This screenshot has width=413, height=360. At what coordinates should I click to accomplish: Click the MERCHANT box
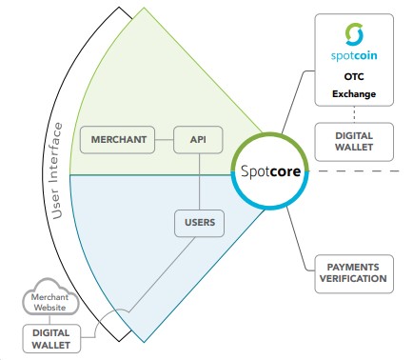117,140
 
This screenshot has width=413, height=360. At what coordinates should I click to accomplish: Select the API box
198,140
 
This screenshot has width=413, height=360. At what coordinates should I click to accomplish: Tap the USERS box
200,223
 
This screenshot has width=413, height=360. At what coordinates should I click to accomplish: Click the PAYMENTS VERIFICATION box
354,273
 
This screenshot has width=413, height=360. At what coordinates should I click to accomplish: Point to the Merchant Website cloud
50,297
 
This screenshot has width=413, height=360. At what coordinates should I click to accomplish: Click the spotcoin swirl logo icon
354,34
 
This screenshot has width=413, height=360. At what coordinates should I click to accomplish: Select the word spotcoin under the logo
354,56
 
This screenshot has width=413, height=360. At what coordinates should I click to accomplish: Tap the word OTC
354,76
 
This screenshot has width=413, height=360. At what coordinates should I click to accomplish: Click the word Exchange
354,94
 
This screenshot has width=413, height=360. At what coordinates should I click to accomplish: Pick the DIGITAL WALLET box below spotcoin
354,142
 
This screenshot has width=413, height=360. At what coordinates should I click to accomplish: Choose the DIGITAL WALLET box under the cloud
51,339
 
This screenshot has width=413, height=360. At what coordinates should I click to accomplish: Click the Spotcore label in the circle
270,171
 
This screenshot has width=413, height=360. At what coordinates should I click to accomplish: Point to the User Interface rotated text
56,170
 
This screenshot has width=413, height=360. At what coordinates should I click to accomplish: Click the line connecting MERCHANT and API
165,140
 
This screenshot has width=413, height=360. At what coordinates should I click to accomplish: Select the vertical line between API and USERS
199,182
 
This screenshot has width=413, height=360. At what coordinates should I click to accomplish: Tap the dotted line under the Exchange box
354,114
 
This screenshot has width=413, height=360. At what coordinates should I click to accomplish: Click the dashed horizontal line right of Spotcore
359,171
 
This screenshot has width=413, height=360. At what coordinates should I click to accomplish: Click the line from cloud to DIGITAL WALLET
49,320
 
